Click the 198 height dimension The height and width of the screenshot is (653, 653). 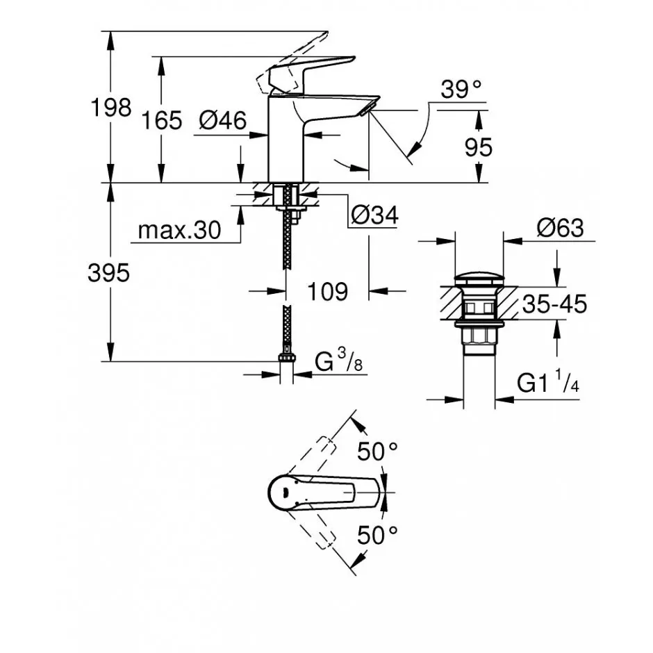[110, 108]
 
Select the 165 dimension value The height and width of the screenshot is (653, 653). [162, 121]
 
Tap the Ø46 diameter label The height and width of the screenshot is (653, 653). [223, 121]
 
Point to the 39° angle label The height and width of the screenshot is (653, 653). [461, 89]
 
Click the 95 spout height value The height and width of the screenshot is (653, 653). [479, 147]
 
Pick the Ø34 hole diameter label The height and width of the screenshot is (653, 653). [375, 215]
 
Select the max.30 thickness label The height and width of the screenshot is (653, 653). [179, 230]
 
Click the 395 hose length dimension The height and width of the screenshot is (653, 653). [108, 274]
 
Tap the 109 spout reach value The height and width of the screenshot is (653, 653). [327, 292]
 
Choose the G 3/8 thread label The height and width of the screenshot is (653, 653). [338, 361]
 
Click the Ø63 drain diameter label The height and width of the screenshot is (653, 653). [560, 229]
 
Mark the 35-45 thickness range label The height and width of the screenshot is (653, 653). [555, 304]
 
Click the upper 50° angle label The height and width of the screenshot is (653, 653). [377, 451]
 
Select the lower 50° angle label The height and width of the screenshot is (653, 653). [377, 535]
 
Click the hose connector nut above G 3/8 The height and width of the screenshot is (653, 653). [286, 358]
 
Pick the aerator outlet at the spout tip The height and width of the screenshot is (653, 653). [367, 109]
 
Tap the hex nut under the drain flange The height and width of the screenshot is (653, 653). [479, 336]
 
